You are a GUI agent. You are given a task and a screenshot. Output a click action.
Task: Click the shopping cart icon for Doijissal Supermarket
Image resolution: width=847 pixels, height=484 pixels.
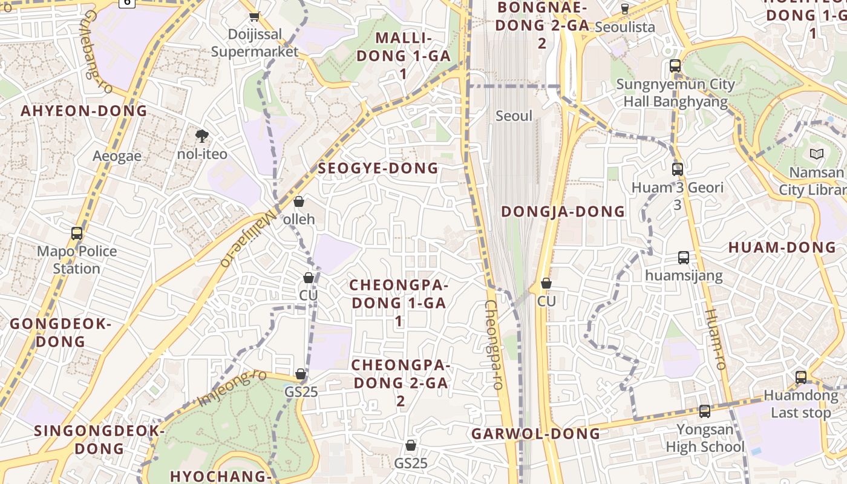pyautogui.click(x=255, y=16)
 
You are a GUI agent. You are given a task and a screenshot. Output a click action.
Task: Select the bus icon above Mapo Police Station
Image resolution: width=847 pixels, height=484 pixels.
pyautogui.click(x=77, y=233)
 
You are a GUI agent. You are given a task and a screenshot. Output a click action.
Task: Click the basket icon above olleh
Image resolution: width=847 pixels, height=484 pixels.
pyautogui.click(x=298, y=201)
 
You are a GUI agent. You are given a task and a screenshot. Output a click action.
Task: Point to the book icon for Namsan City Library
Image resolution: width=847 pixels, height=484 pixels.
pyautogui.click(x=817, y=154)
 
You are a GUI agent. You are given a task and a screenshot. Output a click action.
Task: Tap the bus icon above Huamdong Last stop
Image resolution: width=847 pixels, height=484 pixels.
pyautogui.click(x=801, y=377)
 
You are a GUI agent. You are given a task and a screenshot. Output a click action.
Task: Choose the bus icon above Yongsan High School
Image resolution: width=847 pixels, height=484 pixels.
pyautogui.click(x=705, y=411)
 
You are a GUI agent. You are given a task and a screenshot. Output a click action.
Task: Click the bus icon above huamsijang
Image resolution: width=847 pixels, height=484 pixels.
pyautogui.click(x=684, y=258)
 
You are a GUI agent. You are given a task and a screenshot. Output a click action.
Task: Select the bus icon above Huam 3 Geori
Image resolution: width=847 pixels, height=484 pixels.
pyautogui.click(x=678, y=169)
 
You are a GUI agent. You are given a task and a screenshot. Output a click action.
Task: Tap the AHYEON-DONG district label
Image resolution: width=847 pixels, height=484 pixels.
pyautogui.click(x=84, y=111)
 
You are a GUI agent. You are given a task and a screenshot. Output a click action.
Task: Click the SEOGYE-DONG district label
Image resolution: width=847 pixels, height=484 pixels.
pyautogui.click(x=378, y=169)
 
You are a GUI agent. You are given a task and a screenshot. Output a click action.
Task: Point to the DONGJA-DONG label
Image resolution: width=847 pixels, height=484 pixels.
pyautogui.click(x=563, y=212)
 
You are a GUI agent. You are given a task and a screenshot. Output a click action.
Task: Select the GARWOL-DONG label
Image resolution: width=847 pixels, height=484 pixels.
pyautogui.click(x=536, y=434)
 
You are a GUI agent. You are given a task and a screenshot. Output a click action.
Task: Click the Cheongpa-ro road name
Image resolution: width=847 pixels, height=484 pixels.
pyautogui.click(x=494, y=345)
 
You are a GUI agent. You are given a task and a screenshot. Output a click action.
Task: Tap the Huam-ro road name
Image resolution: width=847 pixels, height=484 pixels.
pyautogui.click(x=716, y=339)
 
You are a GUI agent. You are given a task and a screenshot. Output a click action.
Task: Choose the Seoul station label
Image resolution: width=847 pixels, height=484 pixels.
pyautogui.click(x=514, y=116)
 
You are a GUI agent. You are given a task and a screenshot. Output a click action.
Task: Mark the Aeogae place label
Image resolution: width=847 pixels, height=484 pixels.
pyautogui.click(x=117, y=156)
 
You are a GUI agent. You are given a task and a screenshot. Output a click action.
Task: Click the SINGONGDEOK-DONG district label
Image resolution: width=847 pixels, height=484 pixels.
pyautogui.click(x=99, y=440)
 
